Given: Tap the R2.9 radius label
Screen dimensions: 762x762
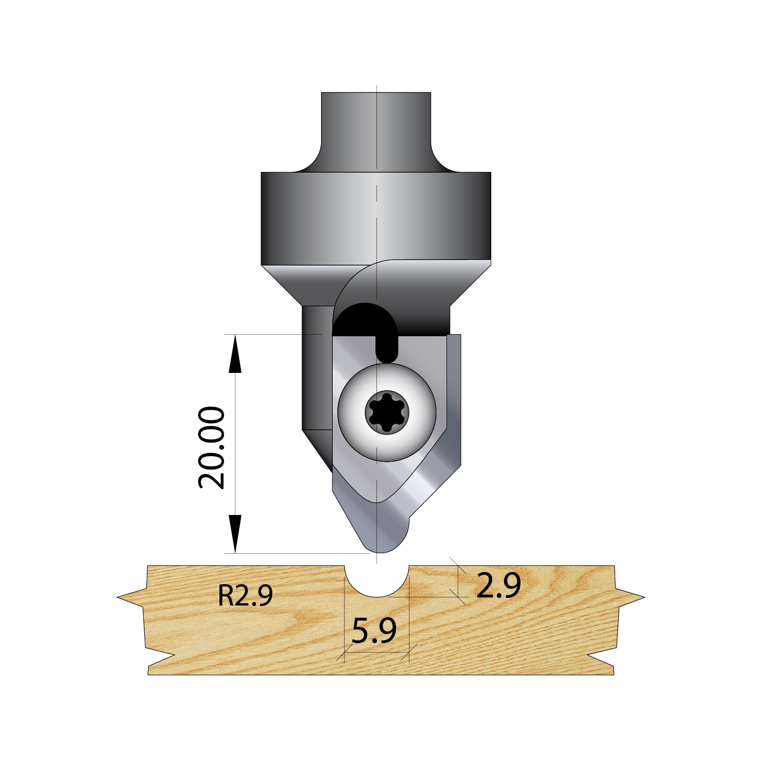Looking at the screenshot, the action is [245, 595].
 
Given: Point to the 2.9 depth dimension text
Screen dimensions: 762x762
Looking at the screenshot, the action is [498, 585].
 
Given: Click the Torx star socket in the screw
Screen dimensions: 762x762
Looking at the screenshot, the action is [387, 412].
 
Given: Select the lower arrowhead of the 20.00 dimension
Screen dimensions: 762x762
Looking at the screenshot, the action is [235, 533].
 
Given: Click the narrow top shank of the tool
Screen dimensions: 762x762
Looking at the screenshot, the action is [376, 130].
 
